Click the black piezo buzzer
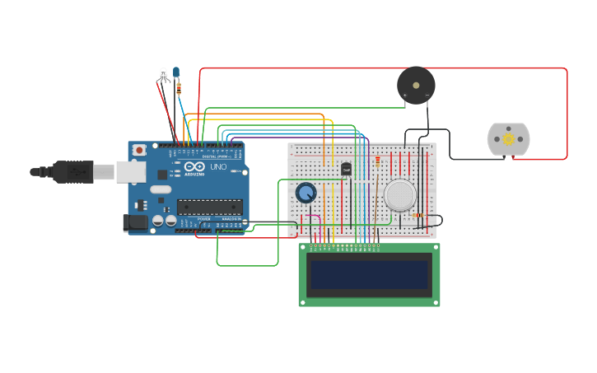point(416,85)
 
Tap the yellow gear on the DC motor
point(508,139)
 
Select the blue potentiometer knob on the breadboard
point(305,193)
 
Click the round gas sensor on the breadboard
point(400,195)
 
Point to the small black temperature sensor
point(346,169)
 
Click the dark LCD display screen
point(369,274)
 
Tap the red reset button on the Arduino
point(139,150)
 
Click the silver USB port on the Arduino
point(130,171)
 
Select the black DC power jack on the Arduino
point(133,222)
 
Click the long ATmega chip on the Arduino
point(209,207)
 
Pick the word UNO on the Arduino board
point(218,167)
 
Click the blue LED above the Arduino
point(176,72)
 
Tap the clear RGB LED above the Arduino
point(163,74)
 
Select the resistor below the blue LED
point(180,87)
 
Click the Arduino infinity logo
point(194,166)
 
